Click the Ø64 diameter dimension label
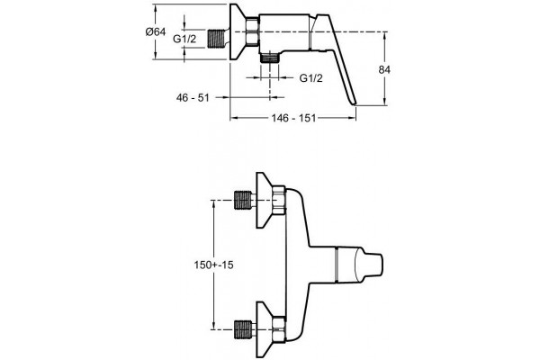coord(156,32)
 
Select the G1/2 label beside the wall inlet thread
coord(184,39)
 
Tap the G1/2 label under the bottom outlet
coord(311,78)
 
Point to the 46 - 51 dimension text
coord(193,98)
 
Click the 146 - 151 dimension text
coord(293,118)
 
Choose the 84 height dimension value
coord(384,70)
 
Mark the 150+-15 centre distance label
coord(213,265)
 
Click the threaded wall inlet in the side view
coord(216,39)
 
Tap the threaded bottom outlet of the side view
coord(270,58)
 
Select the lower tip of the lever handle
coord(354,103)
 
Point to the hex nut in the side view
coord(253,31)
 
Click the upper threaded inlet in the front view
coord(243,200)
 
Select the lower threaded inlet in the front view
coord(243,329)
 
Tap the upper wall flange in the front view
coord(265,200)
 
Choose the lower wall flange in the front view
coord(265,329)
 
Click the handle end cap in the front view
coord(369,265)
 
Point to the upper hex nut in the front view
coord(279,201)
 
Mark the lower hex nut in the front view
coord(279,329)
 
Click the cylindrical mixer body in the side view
coord(284,31)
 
